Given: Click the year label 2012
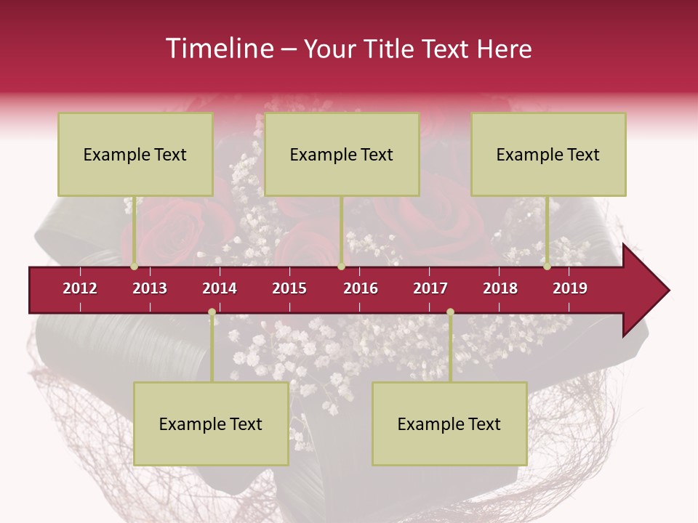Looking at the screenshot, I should click(80, 288).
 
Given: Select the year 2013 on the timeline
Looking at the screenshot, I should click(150, 288).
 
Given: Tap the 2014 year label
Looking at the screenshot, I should click(220, 288).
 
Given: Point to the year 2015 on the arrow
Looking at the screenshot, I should click(289, 288).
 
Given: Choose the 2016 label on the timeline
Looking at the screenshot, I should click(361, 288).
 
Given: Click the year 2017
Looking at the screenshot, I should click(430, 288).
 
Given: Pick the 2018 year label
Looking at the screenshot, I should click(500, 288).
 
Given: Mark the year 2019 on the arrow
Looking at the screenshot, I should click(570, 288).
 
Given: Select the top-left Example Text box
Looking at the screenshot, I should click(135, 154).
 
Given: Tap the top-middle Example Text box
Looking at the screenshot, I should click(342, 154).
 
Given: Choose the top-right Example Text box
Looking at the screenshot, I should click(548, 154).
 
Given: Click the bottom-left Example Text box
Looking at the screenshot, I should click(211, 423).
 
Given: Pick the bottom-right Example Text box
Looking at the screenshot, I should click(449, 423).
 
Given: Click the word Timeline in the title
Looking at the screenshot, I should click(218, 49).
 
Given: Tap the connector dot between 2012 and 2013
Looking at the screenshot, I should click(134, 267).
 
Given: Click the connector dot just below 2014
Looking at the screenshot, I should click(212, 312).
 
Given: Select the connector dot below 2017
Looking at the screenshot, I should click(450, 312).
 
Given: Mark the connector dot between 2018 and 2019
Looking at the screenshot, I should click(547, 267).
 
